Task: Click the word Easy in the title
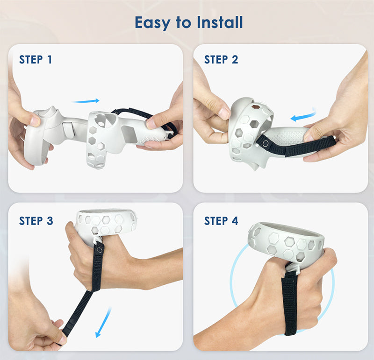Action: click(x=153, y=23)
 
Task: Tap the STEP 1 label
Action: click(x=36, y=59)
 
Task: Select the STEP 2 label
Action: click(x=221, y=59)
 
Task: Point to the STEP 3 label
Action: click(x=36, y=221)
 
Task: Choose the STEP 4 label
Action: click(x=221, y=221)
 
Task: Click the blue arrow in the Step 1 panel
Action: click(x=86, y=101)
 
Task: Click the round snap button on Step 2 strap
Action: click(x=265, y=143)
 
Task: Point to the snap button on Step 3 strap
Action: click(x=99, y=250)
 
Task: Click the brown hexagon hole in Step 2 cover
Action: click(x=256, y=106)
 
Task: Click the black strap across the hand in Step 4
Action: click(x=290, y=303)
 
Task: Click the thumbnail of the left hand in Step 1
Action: click(x=35, y=121)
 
